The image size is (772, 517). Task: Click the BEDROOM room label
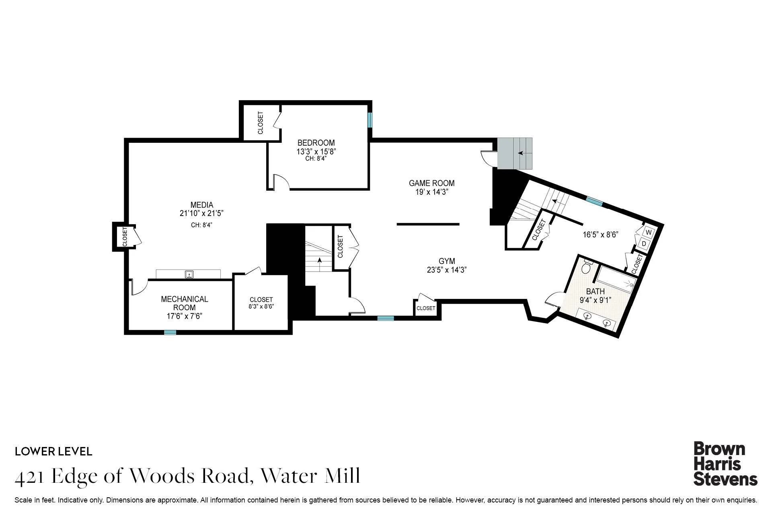[x=316, y=143]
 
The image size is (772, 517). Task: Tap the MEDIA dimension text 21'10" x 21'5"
[x=201, y=214]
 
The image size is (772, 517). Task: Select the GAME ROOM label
[x=431, y=183]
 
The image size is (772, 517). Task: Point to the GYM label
[x=447, y=261]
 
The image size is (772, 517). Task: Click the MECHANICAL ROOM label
[x=185, y=303]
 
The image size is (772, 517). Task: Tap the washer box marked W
[x=648, y=233]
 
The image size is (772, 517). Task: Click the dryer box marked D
[x=644, y=244]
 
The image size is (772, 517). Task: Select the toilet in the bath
[x=587, y=266]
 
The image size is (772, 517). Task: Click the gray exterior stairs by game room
[x=515, y=153]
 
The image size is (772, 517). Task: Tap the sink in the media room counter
[x=189, y=275]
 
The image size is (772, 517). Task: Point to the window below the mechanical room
[x=170, y=332]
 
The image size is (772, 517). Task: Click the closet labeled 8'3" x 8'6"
[x=261, y=303]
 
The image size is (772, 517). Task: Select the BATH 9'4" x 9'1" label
[x=595, y=295]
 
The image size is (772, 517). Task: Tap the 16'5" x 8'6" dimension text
[x=600, y=235]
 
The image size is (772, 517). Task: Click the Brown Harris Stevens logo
[x=725, y=464]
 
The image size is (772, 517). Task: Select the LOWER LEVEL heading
[x=53, y=451]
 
